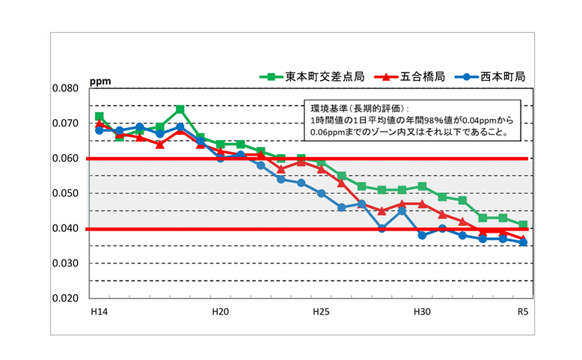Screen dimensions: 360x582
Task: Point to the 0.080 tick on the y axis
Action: [65, 88]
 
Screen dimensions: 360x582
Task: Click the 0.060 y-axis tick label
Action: [65, 159]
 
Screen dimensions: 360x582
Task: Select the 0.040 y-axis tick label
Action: [65, 228]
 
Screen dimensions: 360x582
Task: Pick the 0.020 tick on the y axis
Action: [65, 298]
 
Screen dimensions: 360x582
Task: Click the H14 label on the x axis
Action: [98, 311]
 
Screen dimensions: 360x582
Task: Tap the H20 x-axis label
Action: [220, 311]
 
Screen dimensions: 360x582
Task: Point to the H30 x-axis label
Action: [422, 311]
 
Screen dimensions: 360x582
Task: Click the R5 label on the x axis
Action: [523, 311]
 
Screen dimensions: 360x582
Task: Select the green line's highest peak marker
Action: [180, 109]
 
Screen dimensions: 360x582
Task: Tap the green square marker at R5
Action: [524, 225]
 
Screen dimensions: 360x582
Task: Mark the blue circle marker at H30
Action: [423, 235]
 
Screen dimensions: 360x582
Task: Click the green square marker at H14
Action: [99, 116]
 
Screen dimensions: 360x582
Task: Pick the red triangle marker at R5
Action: [524, 238]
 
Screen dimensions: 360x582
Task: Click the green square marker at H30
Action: [423, 186]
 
